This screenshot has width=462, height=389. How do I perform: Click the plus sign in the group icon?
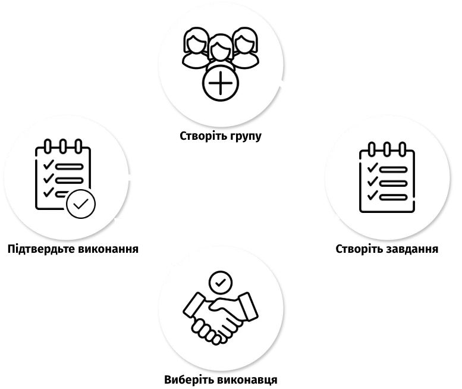[221, 83]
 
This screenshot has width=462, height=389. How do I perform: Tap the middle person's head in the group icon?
[220, 48]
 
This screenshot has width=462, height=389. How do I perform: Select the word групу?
[246, 137]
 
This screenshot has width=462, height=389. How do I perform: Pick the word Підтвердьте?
[41, 249]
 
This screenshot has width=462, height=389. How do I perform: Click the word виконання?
[108, 249]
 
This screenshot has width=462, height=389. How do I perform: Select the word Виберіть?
[188, 379]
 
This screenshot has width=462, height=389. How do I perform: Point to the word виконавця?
[247, 380]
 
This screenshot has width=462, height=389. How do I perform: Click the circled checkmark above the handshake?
[221, 283]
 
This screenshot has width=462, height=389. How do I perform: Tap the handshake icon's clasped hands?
[221, 319]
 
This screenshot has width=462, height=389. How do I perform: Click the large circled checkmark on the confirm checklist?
[81, 204]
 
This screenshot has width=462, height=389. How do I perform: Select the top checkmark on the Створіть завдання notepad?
[373, 167]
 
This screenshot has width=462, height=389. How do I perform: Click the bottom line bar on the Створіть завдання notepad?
[394, 197]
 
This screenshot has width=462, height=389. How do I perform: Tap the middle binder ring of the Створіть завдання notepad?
[387, 149]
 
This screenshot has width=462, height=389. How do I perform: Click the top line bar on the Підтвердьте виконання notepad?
[69, 167]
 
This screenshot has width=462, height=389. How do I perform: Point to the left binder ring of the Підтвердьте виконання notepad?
[48, 146]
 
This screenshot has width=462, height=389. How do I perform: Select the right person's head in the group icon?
[245, 40]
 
